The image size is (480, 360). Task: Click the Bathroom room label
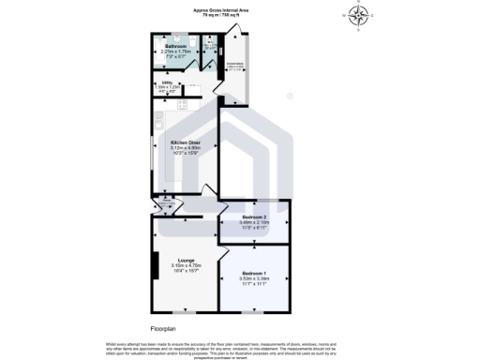click(174, 46)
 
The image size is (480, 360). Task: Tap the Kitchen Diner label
click(186, 142)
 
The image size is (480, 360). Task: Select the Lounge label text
click(184, 261)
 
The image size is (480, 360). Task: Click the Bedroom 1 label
click(253, 273)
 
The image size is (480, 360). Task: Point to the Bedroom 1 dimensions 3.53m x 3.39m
click(253, 278)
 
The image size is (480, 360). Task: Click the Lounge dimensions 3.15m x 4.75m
click(184, 266)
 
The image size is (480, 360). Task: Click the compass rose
click(359, 14)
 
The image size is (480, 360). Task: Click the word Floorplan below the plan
click(164, 329)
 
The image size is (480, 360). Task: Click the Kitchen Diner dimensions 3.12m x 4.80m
click(186, 148)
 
